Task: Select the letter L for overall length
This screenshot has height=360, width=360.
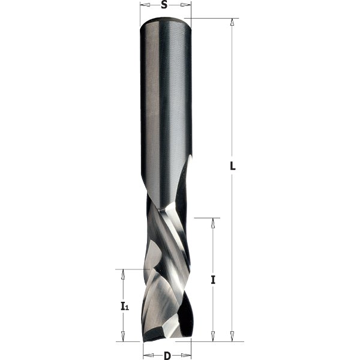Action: point(233,167)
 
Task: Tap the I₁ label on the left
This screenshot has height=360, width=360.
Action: point(124,306)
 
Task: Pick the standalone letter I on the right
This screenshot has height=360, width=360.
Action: point(213,280)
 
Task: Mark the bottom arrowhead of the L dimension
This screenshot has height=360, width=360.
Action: point(232,337)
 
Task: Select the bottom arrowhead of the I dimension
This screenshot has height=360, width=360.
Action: point(212,337)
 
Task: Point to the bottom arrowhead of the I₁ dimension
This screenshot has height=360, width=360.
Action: point(124,337)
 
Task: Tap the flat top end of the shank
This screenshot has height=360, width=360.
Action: point(166,20)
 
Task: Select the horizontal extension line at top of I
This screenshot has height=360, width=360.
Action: point(208,217)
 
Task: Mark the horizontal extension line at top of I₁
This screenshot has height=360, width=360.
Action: point(129,269)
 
